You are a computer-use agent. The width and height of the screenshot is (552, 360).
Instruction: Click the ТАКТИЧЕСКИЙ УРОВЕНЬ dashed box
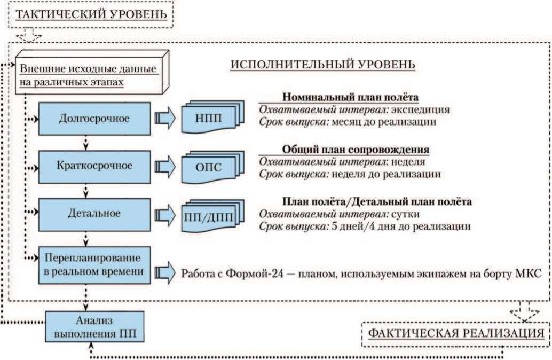[x=91, y=14]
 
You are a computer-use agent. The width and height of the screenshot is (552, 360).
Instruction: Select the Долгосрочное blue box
[x=94, y=118]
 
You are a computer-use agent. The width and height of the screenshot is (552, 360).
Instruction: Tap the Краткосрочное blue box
[x=94, y=165]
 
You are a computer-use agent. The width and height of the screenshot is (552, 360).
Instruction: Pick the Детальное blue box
[x=94, y=213]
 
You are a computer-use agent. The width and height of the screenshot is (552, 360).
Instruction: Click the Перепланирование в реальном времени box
[x=94, y=263]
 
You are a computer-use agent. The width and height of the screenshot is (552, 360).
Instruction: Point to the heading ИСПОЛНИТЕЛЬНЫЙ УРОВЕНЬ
[x=322, y=65]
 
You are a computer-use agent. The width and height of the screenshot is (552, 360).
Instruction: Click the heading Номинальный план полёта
[x=350, y=98]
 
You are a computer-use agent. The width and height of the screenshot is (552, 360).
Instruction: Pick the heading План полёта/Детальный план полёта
[x=376, y=202]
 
